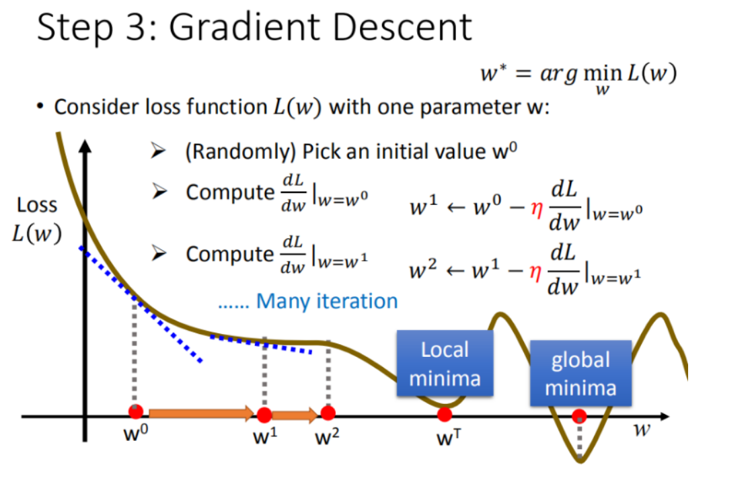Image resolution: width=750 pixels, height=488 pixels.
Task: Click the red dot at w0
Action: [136, 412]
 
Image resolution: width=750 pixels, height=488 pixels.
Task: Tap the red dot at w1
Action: [264, 414]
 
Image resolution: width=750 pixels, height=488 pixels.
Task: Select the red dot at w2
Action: [328, 412]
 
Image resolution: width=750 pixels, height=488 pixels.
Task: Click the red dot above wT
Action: [444, 414]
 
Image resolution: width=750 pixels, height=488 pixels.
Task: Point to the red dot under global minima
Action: [580, 417]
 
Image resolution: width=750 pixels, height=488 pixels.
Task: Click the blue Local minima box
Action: [445, 363]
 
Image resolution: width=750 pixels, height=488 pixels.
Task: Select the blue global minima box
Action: [580, 373]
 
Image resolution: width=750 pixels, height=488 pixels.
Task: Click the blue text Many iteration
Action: [327, 300]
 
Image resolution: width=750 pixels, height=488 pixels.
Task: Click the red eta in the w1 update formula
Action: [535, 207]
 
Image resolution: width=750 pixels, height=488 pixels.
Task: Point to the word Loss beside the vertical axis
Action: [37, 205]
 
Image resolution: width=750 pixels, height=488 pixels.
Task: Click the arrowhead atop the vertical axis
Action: [85, 147]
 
